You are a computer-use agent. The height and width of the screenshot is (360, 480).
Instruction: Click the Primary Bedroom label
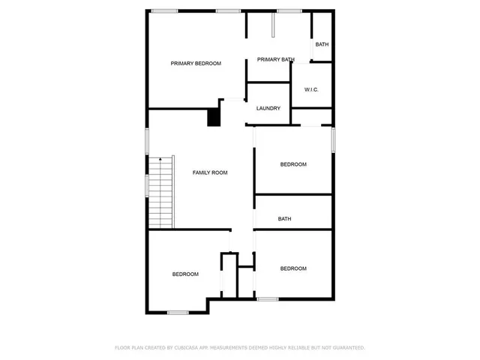[196, 64]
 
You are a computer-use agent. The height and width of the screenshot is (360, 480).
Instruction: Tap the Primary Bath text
[275, 59]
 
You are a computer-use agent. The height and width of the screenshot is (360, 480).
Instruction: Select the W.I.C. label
[311, 90]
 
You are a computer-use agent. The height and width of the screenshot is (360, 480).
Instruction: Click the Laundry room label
[268, 109]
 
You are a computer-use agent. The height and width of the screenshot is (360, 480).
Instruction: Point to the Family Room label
[210, 172]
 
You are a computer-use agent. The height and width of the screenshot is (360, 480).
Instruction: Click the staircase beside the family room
[161, 193]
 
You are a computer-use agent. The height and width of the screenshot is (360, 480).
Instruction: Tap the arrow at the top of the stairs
[160, 160]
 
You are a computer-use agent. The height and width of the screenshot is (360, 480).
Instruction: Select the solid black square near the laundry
[214, 118]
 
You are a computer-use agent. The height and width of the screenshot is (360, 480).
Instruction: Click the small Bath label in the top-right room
[322, 44]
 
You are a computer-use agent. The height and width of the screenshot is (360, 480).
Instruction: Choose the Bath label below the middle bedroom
[284, 219]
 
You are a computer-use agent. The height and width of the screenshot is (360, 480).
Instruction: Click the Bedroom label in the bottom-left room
[185, 274]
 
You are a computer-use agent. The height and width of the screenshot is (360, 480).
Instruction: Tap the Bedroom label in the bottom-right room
[293, 268]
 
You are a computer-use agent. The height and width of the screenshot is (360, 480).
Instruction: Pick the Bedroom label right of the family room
[293, 164]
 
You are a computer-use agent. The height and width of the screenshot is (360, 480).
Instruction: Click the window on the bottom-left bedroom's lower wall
[178, 312]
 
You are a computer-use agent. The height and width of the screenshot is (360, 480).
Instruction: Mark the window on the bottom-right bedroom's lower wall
[267, 299]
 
